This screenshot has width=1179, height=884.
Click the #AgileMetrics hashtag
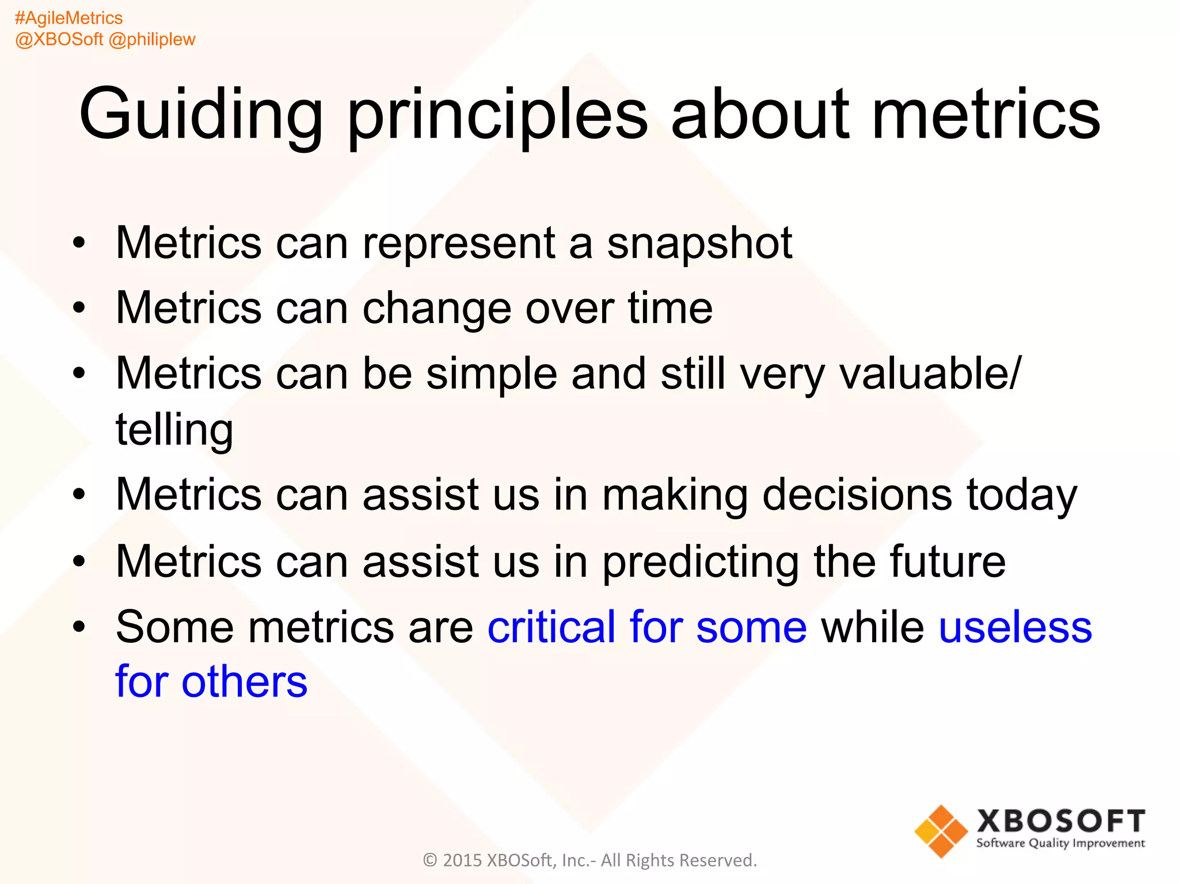[x=69, y=18]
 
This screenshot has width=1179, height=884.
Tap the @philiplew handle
[x=152, y=39]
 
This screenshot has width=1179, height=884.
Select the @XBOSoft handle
[x=59, y=39]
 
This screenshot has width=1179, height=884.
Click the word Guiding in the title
[x=200, y=115]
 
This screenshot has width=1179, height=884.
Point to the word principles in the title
[x=498, y=115]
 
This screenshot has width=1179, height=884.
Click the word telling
[x=174, y=429]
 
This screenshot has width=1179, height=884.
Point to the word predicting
[x=701, y=562]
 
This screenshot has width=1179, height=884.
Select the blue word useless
[x=1015, y=627]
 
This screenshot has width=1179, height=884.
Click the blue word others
[x=244, y=681]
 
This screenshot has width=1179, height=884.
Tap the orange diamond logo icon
[x=941, y=831]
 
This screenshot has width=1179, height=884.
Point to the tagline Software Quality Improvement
[x=1060, y=844]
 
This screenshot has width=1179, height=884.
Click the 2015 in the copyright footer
[x=462, y=860]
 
